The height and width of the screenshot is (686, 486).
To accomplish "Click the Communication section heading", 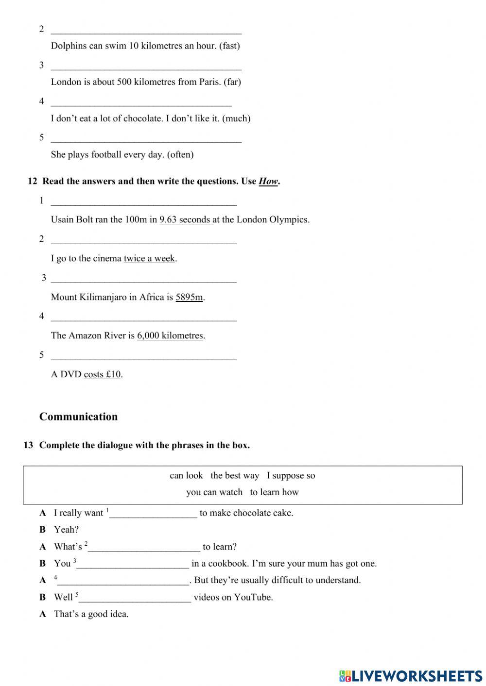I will click(78, 417).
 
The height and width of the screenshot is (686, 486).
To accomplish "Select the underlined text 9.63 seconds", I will click(185, 219).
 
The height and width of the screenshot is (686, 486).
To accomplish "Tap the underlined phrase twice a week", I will click(149, 258).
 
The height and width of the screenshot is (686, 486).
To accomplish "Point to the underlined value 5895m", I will click(189, 297).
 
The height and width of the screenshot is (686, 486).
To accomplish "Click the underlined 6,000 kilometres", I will click(170, 335).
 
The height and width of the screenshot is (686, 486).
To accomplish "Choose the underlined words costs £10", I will click(102, 374).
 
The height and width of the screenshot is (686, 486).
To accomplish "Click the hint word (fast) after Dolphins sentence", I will click(229, 46).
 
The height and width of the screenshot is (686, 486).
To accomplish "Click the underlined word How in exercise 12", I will click(268, 181).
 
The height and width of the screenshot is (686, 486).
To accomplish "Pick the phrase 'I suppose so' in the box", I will click(291, 475).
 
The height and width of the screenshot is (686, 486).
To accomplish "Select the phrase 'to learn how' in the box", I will click(274, 492).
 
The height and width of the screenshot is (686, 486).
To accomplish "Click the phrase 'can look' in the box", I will click(186, 475).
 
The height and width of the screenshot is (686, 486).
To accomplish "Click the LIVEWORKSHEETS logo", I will click(411, 676).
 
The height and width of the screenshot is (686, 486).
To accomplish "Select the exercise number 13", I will click(28, 445).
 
